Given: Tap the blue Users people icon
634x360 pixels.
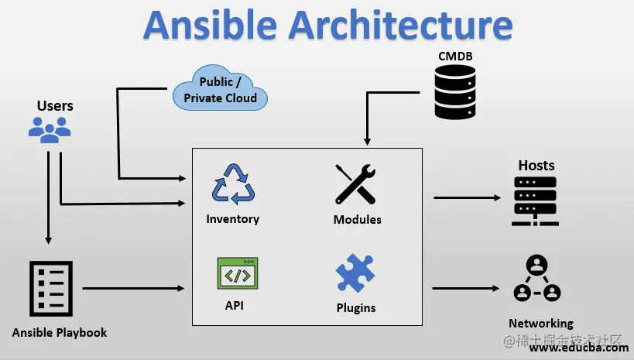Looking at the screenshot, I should tap(50, 129).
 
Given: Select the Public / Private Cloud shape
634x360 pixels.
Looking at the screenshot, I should tap(220, 90).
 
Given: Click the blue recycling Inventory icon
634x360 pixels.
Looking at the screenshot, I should tap(232, 183).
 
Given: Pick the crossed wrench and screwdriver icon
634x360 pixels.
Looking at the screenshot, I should tap(355, 184).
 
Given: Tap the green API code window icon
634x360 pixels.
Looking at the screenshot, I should tap(237, 273).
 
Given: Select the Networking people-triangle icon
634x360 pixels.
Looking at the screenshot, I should tap(536, 279).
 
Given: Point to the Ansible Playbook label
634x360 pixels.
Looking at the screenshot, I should tap(60, 333).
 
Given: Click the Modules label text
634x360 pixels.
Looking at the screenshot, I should tap(357, 220).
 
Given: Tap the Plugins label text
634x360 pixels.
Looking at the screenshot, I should tap(355, 308).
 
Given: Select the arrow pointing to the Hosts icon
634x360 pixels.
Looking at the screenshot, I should tap(467, 197).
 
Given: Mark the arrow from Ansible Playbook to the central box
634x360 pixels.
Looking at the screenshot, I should tap(133, 289).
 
